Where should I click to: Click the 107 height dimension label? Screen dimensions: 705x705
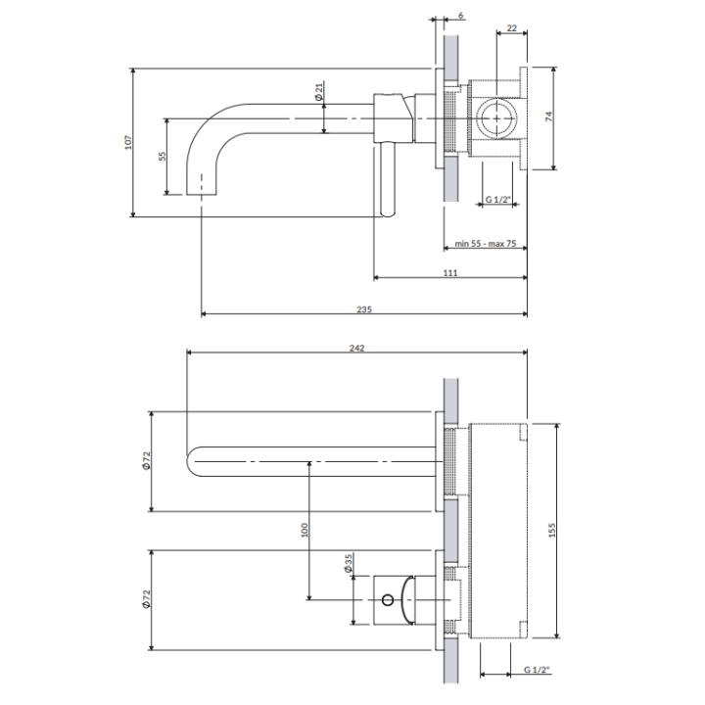[x=128, y=142]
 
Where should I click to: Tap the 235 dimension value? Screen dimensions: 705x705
[x=364, y=309]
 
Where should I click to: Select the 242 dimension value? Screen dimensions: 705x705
[x=357, y=348]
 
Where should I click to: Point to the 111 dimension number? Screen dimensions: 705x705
[x=450, y=273]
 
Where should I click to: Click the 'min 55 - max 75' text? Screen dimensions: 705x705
[x=485, y=244]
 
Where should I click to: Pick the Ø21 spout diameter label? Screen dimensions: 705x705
[x=319, y=91]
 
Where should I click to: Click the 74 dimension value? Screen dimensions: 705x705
[x=548, y=117]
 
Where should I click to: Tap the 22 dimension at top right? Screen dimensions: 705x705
[x=512, y=27]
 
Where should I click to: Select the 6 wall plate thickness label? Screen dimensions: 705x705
[x=461, y=16]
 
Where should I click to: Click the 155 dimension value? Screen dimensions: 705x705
[x=552, y=530]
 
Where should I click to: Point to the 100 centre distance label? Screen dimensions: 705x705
[x=305, y=530]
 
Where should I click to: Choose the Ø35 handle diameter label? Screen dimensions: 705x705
[x=348, y=563]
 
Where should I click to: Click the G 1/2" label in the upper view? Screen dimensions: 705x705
[x=498, y=199]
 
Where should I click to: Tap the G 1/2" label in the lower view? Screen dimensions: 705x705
[x=537, y=670]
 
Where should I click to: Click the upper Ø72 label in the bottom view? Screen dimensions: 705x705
[x=146, y=460]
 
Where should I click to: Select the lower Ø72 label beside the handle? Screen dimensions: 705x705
[x=146, y=599]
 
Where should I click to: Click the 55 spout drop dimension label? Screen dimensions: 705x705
[x=163, y=156]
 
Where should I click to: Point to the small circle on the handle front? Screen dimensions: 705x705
[x=387, y=600]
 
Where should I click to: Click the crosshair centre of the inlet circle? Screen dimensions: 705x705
[x=496, y=118]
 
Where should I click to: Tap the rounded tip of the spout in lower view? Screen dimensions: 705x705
[x=187, y=462]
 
